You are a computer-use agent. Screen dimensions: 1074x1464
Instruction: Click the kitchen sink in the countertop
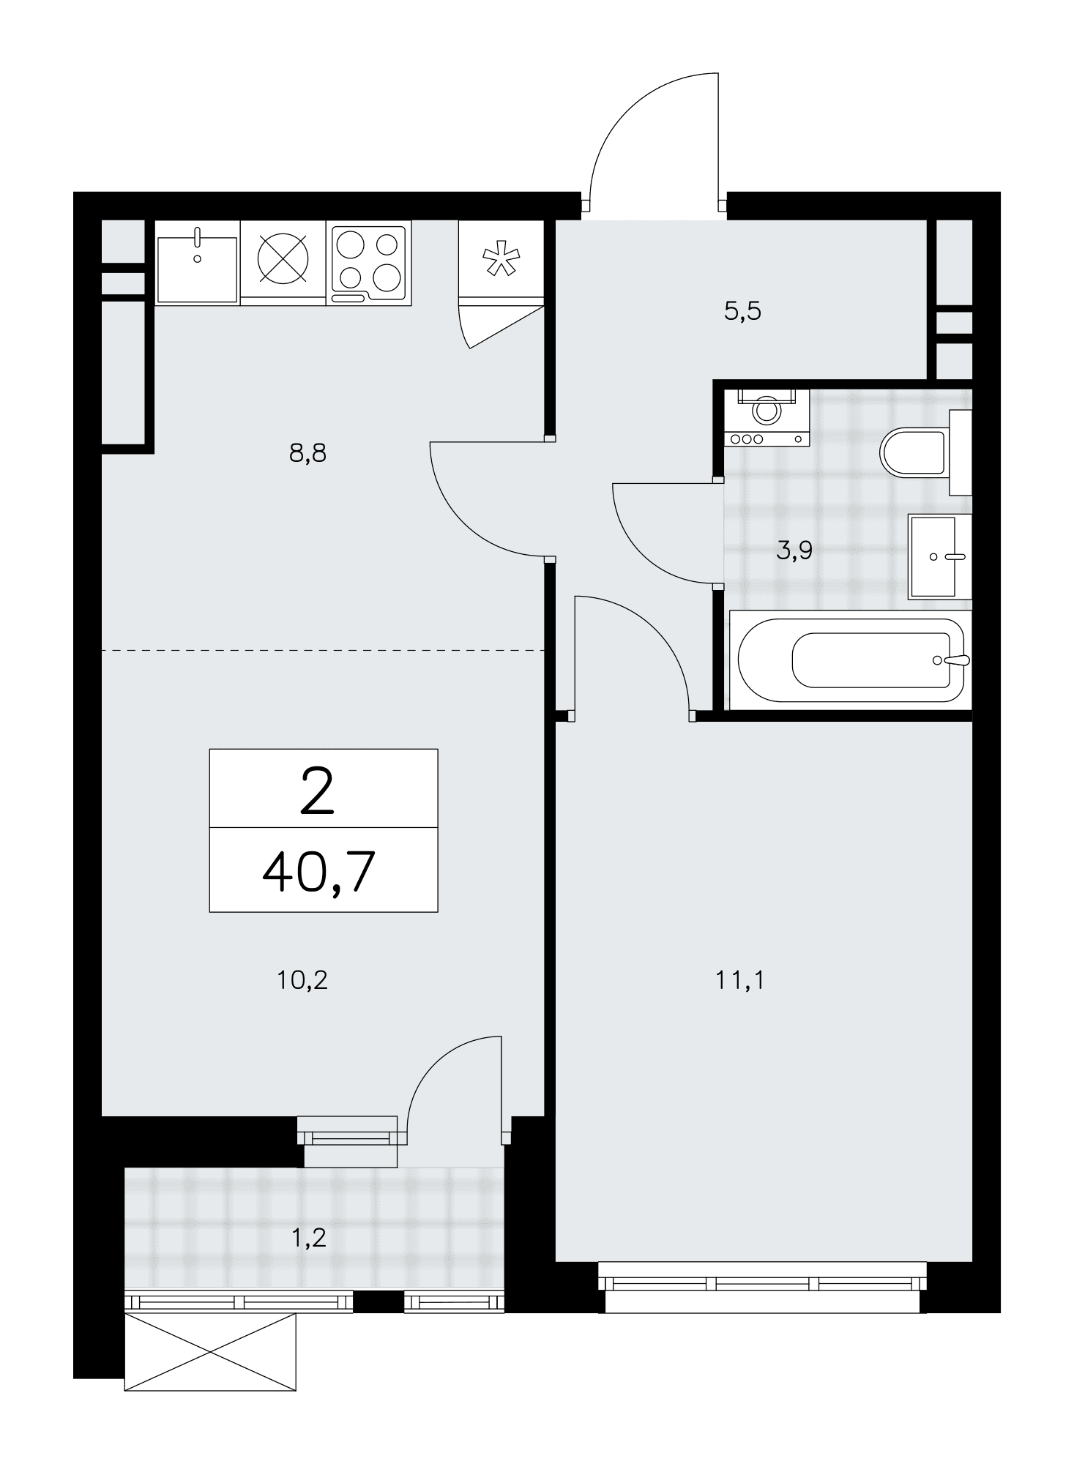point(198,269)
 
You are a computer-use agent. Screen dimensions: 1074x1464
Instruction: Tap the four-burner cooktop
point(368,264)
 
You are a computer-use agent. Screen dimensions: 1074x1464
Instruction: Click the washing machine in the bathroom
point(767,417)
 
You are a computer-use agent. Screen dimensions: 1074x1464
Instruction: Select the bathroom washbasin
point(939,556)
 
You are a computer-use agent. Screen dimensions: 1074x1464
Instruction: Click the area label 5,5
point(742,311)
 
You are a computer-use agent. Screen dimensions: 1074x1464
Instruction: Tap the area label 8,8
point(307,454)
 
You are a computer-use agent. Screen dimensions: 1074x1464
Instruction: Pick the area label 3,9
point(794,550)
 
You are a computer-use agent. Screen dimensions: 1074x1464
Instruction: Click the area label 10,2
point(302,979)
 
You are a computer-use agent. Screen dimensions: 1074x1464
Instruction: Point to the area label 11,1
point(739,979)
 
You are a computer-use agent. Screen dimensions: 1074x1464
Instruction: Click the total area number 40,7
point(319,873)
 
